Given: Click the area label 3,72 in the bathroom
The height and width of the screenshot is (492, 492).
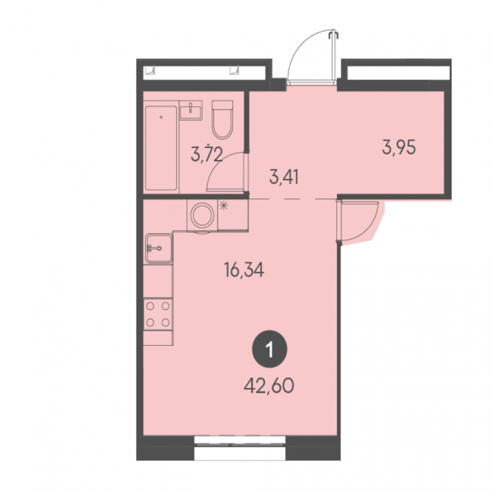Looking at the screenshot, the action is point(207,154).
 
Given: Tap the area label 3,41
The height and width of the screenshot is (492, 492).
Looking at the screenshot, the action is point(284,177).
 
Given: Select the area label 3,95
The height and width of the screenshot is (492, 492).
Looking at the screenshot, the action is point(399,147).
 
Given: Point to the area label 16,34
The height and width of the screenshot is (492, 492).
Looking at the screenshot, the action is point(244,270).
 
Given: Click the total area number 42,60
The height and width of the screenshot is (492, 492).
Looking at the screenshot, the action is point(269,386).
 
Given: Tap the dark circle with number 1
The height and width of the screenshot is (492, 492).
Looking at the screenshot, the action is point(270,350).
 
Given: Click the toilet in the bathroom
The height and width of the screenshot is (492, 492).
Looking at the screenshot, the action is point(222,120).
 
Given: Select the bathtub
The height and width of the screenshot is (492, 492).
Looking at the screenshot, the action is point(161,148).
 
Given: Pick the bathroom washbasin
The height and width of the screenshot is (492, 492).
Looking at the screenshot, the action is point(191,110).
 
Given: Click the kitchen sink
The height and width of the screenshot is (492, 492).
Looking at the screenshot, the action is point(159,248).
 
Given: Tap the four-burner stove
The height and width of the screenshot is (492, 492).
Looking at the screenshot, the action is point(158,315).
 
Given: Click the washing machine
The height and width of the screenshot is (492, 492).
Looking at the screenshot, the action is point(202,216).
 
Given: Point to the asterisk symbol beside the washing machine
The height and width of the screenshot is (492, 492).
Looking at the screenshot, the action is point(224,206).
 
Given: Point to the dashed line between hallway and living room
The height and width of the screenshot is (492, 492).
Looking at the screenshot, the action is point(293,199).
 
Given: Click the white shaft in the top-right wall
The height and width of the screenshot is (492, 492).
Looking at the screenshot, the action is point(398,73).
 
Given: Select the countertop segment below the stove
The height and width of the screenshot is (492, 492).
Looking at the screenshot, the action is point(158,338).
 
